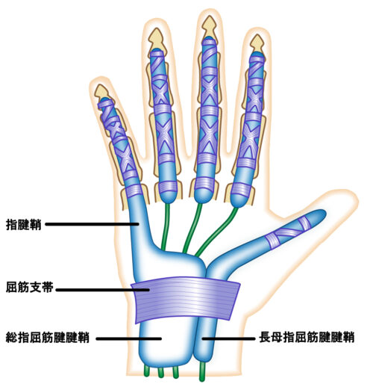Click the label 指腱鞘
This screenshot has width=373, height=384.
[23, 224]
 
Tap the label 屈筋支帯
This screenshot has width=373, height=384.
[29, 287]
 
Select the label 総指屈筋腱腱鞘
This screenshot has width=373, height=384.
[48, 338]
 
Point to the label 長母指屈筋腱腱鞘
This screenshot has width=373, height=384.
[307, 338]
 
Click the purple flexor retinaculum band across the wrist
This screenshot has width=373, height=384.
[185, 299]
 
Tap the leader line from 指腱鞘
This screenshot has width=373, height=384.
[92, 224]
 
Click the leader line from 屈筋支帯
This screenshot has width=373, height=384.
[102, 290]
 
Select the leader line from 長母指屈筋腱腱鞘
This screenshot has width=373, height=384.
[228, 338]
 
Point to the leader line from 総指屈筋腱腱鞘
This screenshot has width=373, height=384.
[129, 338]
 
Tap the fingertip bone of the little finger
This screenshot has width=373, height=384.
[101, 93]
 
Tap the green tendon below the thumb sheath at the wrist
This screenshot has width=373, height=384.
[202, 371]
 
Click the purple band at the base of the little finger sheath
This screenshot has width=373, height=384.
[134, 191]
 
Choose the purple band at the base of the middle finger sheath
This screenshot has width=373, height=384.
[204, 183]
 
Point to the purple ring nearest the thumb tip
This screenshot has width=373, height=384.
[304, 223]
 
